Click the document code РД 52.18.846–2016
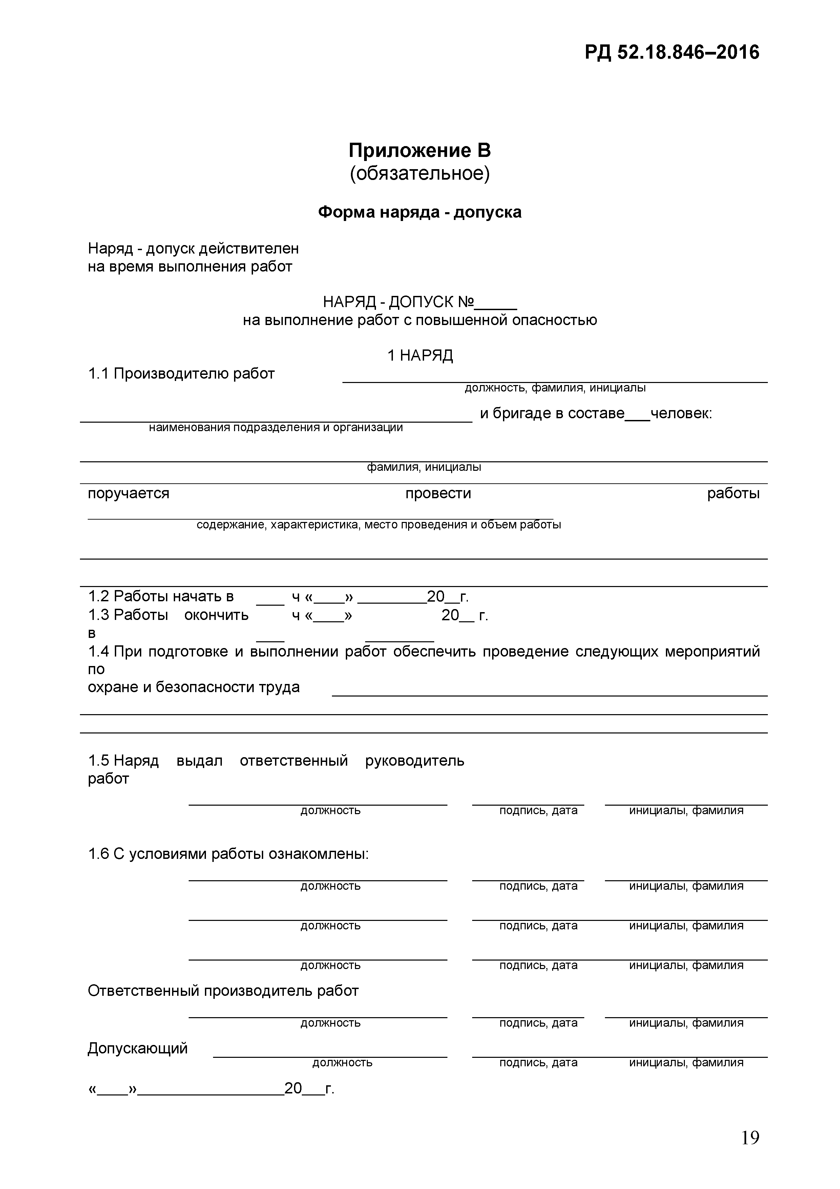(672, 52)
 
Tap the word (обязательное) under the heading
(419, 174)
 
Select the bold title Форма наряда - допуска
(419, 212)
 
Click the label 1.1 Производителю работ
(181, 374)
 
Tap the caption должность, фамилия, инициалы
(555, 388)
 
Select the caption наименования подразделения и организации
(275, 428)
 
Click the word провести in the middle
(438, 493)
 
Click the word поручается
(128, 493)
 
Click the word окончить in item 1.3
(216, 615)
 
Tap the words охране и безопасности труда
(193, 687)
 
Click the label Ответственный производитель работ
(223, 991)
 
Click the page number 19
(750, 1138)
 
